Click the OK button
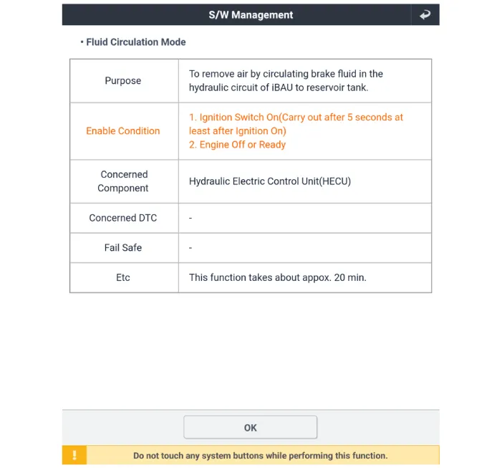pyautogui.click(x=250, y=427)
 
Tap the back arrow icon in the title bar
pyautogui.click(x=425, y=14)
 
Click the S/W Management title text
pyautogui.click(x=251, y=14)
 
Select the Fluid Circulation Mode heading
pyautogui.click(x=135, y=42)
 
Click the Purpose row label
pyautogui.click(x=123, y=81)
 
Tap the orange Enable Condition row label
pyautogui.click(x=123, y=131)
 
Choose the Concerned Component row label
pyautogui.click(x=124, y=181)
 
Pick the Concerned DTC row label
pyautogui.click(x=123, y=218)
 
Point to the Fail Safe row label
pyautogui.click(x=123, y=247)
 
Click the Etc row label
pyautogui.click(x=123, y=277)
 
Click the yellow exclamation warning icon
pyautogui.click(x=74, y=455)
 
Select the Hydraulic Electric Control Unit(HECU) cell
pyautogui.click(x=270, y=181)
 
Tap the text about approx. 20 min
pyautogui.click(x=278, y=277)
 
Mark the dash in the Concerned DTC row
pyautogui.click(x=191, y=218)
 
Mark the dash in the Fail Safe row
pyautogui.click(x=191, y=247)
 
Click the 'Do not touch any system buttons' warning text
pyautogui.click(x=260, y=455)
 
